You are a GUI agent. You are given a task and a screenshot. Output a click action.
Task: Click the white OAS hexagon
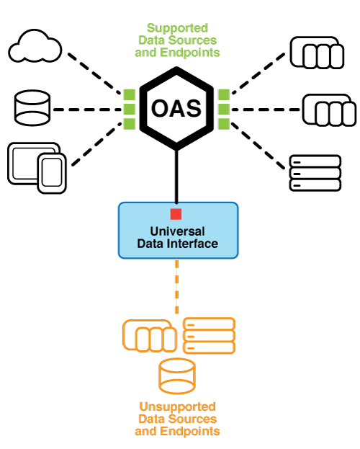pyautogui.click(x=176, y=109)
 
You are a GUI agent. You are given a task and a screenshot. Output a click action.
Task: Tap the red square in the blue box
pyautogui.click(x=176, y=214)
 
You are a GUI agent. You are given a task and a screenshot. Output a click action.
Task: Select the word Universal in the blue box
pyautogui.click(x=177, y=231)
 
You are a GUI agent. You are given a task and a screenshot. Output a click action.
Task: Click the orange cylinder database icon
pyautogui.click(x=177, y=376)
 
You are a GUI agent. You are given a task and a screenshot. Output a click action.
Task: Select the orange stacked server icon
pyautogui.click(x=210, y=336)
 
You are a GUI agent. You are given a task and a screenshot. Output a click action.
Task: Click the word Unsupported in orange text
pyautogui.click(x=177, y=406)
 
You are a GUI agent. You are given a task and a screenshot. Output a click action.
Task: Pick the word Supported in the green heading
pyautogui.click(x=177, y=28)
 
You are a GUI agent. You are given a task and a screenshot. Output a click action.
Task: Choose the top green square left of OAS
pyautogui.click(x=129, y=94)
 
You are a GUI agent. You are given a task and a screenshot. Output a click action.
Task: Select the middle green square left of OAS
pyautogui.click(x=129, y=109)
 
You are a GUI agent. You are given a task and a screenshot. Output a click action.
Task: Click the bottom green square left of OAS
pyautogui.click(x=129, y=123)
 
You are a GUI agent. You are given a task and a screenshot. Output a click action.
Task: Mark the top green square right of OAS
pyautogui.click(x=223, y=94)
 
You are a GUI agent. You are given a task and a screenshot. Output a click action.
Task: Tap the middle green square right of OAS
pyautogui.click(x=223, y=109)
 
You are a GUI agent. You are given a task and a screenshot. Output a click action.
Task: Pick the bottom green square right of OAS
pyautogui.click(x=223, y=123)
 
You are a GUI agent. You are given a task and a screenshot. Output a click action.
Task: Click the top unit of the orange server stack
pyautogui.click(x=210, y=324)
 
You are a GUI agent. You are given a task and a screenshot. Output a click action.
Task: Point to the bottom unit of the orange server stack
pyautogui.click(x=210, y=348)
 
